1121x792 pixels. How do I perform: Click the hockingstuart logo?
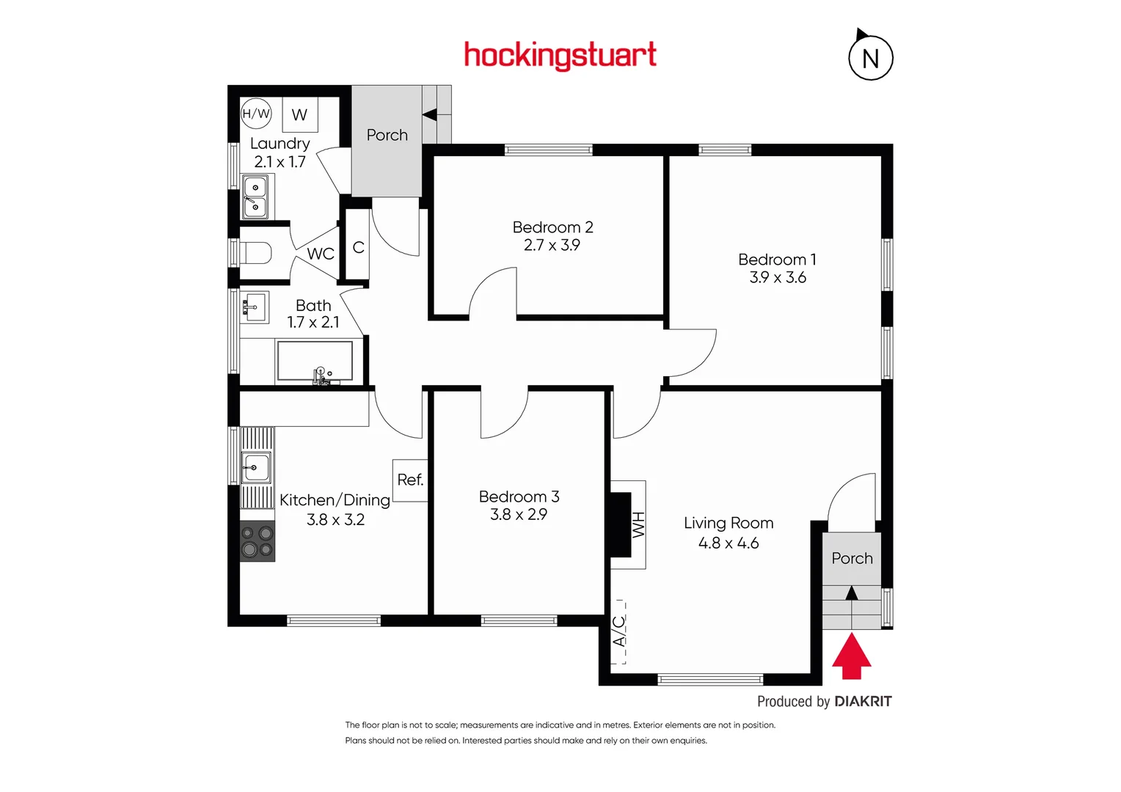click(x=560, y=56)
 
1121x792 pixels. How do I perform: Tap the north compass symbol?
click(x=870, y=57)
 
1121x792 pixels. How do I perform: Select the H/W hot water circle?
click(x=256, y=114)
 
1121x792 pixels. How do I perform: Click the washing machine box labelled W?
click(x=299, y=115)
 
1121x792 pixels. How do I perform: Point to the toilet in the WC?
click(x=255, y=254)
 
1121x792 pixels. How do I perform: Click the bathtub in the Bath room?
click(x=314, y=361)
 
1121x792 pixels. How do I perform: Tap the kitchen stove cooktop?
click(x=258, y=541)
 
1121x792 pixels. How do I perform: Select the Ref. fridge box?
click(x=410, y=480)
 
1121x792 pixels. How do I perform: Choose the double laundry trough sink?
click(x=255, y=197)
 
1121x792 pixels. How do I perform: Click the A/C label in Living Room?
click(x=619, y=631)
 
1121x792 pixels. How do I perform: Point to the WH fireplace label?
click(x=638, y=525)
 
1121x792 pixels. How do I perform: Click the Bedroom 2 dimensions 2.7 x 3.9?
click(x=552, y=246)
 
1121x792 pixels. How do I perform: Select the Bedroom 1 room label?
click(x=777, y=260)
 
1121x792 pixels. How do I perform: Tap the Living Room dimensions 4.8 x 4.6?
click(x=729, y=543)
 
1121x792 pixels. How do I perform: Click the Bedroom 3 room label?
click(x=519, y=497)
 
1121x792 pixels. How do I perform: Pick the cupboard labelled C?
click(x=358, y=248)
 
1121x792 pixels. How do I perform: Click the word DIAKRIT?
click(x=863, y=702)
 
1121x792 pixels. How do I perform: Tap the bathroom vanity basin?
click(x=254, y=307)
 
